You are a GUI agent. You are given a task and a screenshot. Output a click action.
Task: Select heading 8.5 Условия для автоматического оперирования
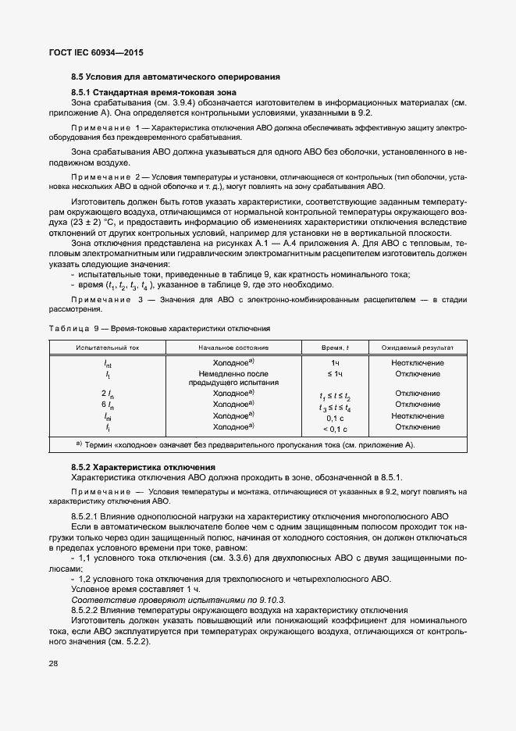176,77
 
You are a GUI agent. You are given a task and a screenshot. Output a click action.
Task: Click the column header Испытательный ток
108,347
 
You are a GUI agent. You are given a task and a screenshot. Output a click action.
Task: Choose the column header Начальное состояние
233,347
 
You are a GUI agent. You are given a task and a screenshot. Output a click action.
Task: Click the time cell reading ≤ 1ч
335,374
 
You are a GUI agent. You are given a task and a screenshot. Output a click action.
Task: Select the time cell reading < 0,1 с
335,428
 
